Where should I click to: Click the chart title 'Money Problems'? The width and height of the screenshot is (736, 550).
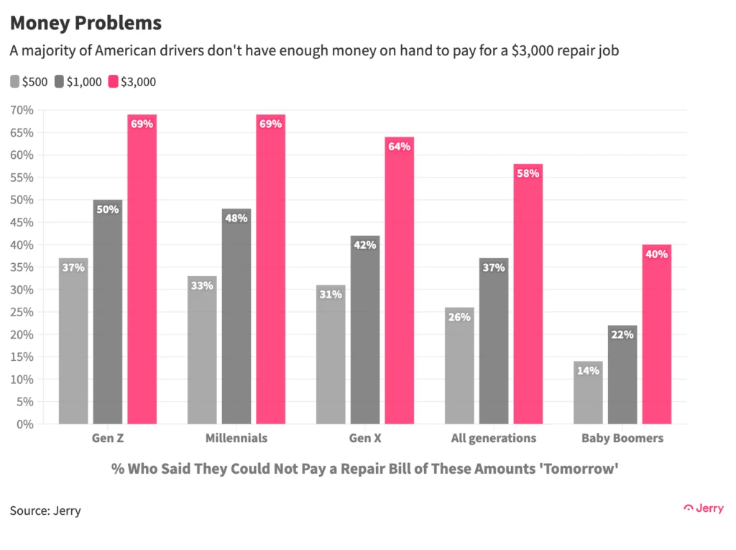[86, 23]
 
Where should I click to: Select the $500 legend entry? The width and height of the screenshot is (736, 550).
[29, 81]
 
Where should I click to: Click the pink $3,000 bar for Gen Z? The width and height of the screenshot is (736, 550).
[142, 273]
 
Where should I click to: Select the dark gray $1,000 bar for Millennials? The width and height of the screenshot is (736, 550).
[236, 316]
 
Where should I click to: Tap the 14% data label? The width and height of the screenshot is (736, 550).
[587, 371]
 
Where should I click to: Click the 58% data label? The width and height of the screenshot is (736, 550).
[528, 174]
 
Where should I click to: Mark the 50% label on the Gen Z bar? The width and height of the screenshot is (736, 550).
[107, 210]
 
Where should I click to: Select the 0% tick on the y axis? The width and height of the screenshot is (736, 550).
[24, 424]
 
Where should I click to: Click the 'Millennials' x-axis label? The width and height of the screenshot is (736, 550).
[236, 438]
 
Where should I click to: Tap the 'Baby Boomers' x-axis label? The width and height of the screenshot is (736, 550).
[622, 438]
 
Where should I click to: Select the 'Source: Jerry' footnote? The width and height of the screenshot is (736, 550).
[45, 511]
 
